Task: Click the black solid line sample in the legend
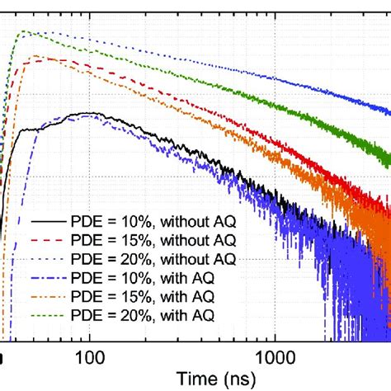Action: [x=49, y=223]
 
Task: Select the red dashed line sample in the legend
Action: [x=49, y=241]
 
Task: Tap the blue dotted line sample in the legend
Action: [x=49, y=259]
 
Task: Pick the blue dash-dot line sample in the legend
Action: [x=49, y=277]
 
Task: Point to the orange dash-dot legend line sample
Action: [x=49, y=295]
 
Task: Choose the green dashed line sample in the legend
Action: [x=49, y=313]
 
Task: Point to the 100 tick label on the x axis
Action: [x=89, y=356]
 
